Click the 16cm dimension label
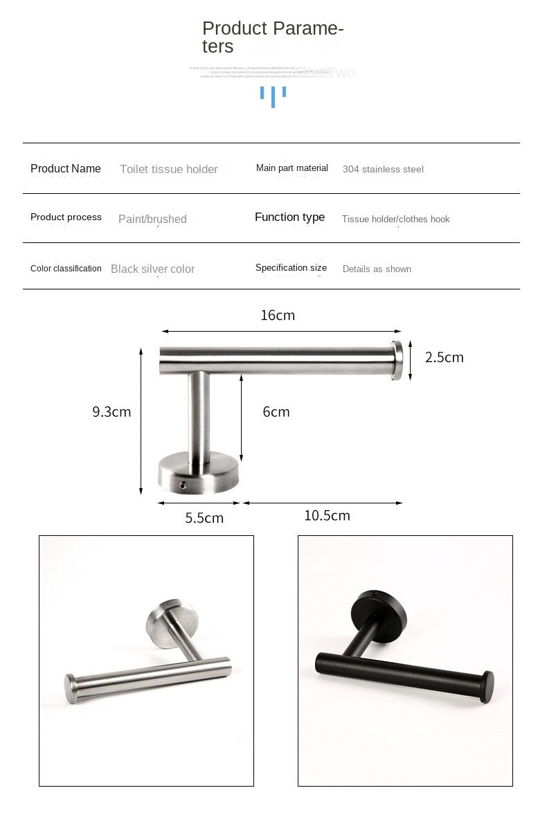click(278, 315)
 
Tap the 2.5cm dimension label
click(444, 357)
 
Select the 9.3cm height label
click(111, 411)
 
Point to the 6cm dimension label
click(276, 411)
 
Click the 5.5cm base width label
click(204, 517)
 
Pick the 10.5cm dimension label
click(327, 515)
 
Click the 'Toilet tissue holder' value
click(168, 169)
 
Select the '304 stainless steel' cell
click(383, 169)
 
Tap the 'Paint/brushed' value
click(152, 219)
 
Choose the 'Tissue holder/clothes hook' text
click(395, 219)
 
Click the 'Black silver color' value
click(152, 269)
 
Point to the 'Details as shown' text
click(377, 269)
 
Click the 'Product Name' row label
click(66, 168)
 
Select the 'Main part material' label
click(292, 168)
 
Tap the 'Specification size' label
click(291, 268)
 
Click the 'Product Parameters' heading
click(273, 37)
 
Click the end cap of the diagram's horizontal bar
click(397, 361)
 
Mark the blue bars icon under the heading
click(273, 95)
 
